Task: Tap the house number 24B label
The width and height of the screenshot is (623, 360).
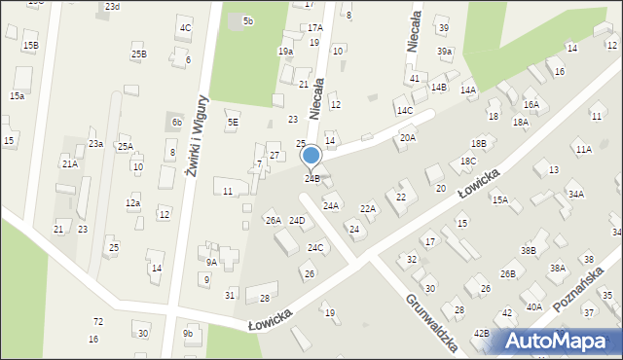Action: click(x=311, y=179)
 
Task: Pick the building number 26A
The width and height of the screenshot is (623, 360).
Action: click(x=274, y=221)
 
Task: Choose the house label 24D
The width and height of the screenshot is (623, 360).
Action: click(x=297, y=221)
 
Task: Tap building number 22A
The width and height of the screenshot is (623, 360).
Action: click(x=368, y=208)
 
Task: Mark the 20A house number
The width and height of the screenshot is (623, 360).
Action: click(x=408, y=138)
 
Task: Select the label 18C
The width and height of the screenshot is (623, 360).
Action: click(x=468, y=162)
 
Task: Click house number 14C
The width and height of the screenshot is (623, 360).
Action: click(x=404, y=111)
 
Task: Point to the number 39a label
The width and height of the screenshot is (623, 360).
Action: click(x=445, y=52)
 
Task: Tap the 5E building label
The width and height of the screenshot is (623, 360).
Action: click(x=233, y=123)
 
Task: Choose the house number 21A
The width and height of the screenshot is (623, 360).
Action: click(x=70, y=164)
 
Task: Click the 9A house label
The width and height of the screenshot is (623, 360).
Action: click(x=211, y=262)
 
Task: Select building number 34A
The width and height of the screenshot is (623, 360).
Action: click(x=576, y=195)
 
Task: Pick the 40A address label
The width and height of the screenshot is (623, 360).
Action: click(x=534, y=307)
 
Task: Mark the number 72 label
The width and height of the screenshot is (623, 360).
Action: click(x=97, y=321)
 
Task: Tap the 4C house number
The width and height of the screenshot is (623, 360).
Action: click(x=185, y=27)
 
